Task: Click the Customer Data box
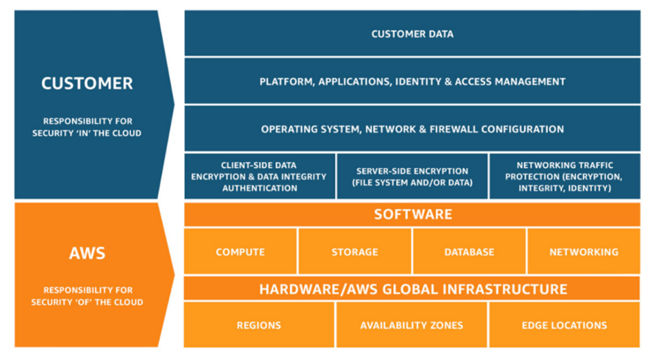(x=412, y=34)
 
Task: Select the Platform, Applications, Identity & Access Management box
(x=412, y=82)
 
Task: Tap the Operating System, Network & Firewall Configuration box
(x=412, y=129)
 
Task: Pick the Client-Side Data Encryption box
(x=260, y=177)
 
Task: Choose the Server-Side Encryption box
(x=412, y=177)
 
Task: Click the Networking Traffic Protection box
(x=565, y=177)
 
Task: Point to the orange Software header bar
(x=412, y=214)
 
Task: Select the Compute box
(x=240, y=252)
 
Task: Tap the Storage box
(x=354, y=252)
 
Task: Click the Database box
(x=469, y=252)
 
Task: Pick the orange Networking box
(x=583, y=252)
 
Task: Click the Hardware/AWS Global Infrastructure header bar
(x=412, y=289)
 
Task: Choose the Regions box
(x=259, y=325)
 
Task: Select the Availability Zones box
(x=412, y=325)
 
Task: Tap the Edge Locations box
(x=565, y=325)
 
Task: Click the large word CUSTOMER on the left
(x=87, y=83)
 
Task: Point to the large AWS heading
(x=87, y=252)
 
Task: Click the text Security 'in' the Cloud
(x=87, y=133)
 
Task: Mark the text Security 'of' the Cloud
(x=87, y=302)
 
